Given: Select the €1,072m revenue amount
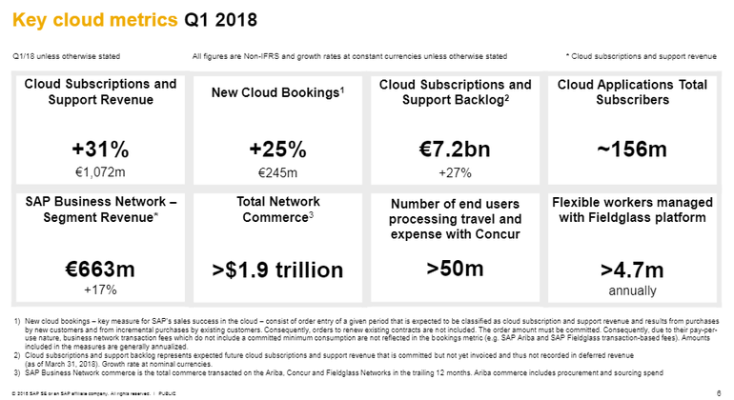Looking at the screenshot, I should point(99,172).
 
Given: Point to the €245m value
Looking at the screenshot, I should point(277,172).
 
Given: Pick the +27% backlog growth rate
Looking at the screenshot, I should point(455,172).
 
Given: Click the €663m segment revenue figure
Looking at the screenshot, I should point(99,268).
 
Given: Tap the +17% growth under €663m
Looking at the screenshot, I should point(99,289).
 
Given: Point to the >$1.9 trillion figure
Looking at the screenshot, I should point(277,270).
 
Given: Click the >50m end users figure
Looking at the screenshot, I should point(455,268).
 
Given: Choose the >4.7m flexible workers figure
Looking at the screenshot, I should point(632,270).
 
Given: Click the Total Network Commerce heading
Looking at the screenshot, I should point(277,210).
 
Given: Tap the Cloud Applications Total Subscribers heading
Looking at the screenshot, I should point(632,91).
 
